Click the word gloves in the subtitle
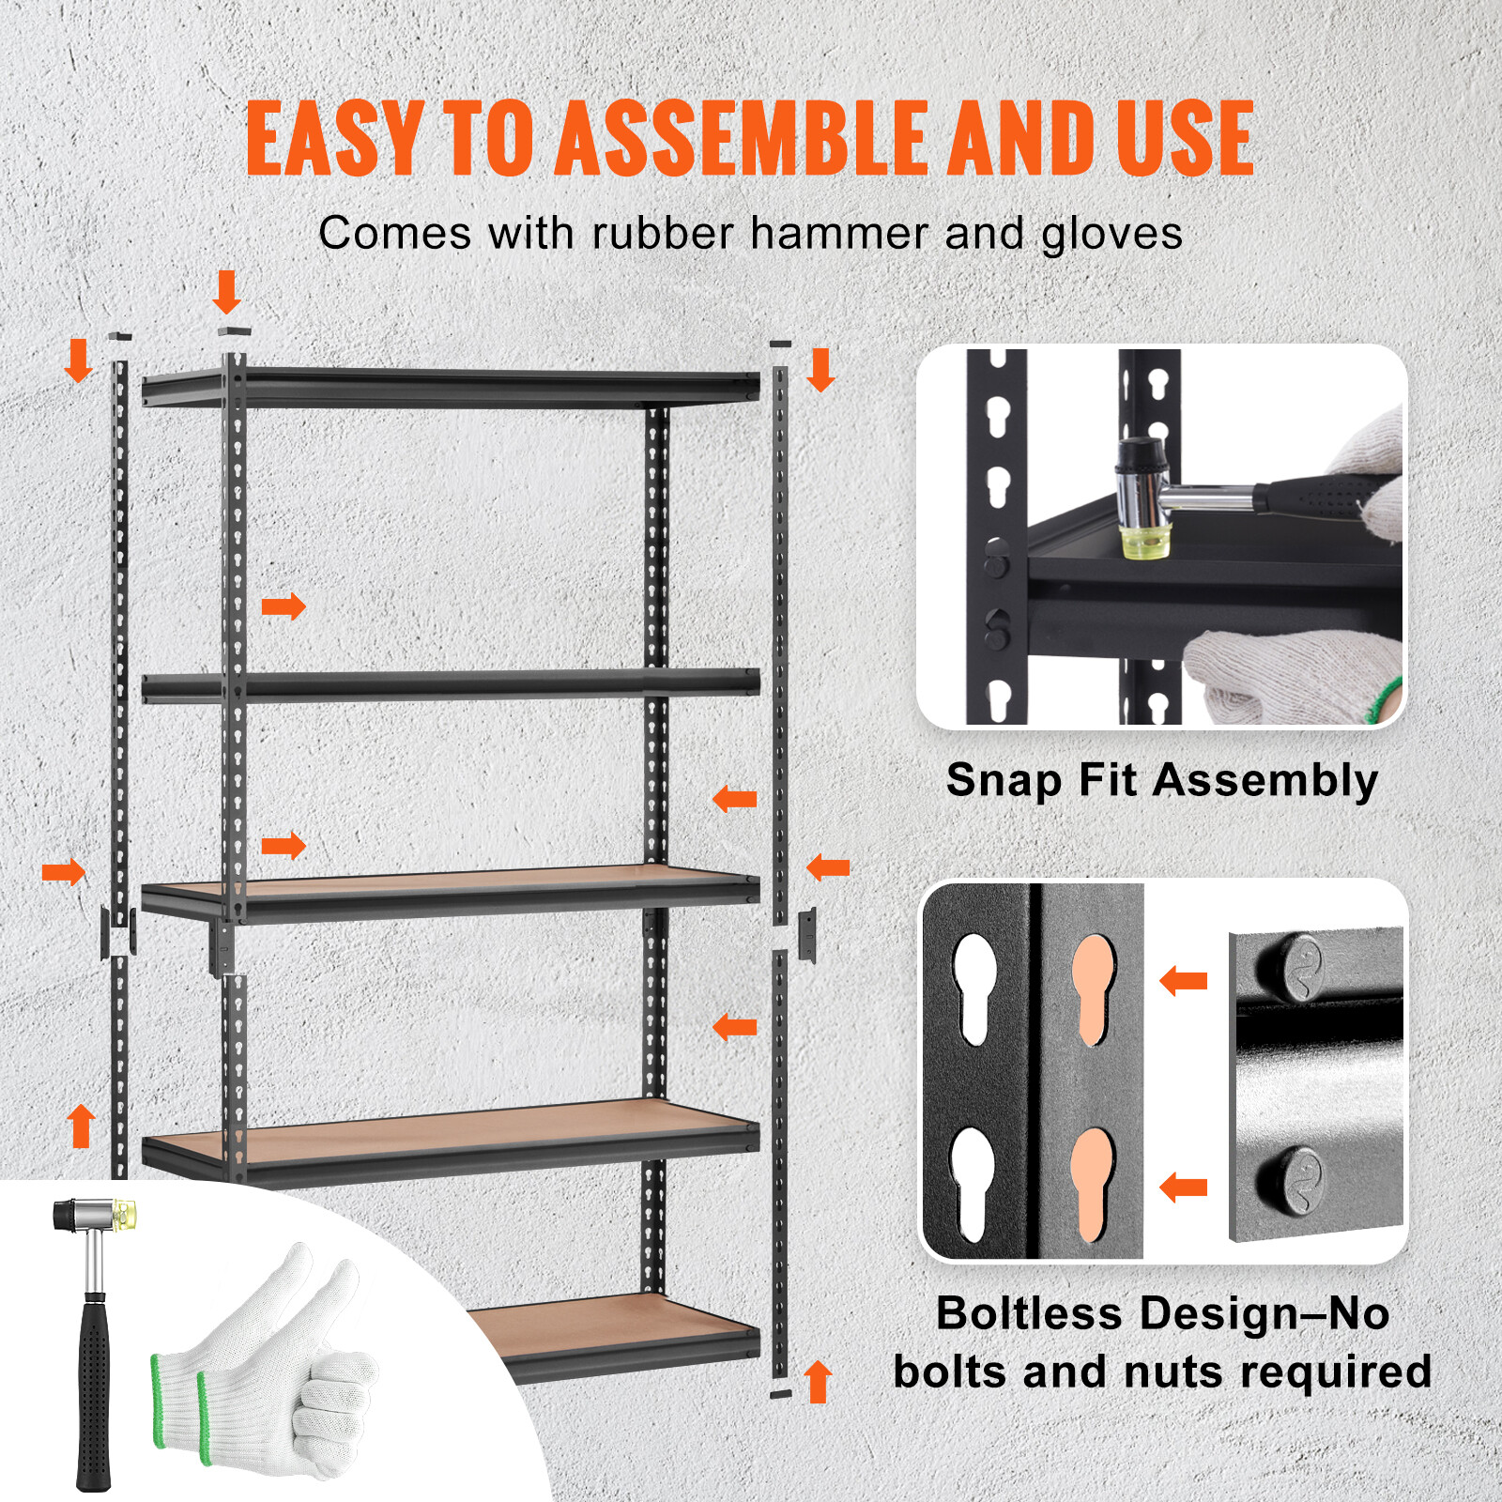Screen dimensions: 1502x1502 tap(1111, 235)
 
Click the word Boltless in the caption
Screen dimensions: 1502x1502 tap(1029, 1312)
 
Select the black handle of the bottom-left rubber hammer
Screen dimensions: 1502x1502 tap(93, 1389)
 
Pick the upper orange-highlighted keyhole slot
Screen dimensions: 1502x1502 tap(1093, 988)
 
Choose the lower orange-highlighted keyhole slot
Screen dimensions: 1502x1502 tap(1093, 1183)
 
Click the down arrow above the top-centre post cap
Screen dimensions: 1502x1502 tap(226, 292)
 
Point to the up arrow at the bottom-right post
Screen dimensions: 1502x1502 tap(819, 1382)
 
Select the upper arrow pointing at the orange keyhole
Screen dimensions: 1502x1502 tap(1184, 982)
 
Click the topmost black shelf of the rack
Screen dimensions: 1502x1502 tap(451, 387)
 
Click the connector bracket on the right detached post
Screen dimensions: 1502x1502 tap(807, 935)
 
